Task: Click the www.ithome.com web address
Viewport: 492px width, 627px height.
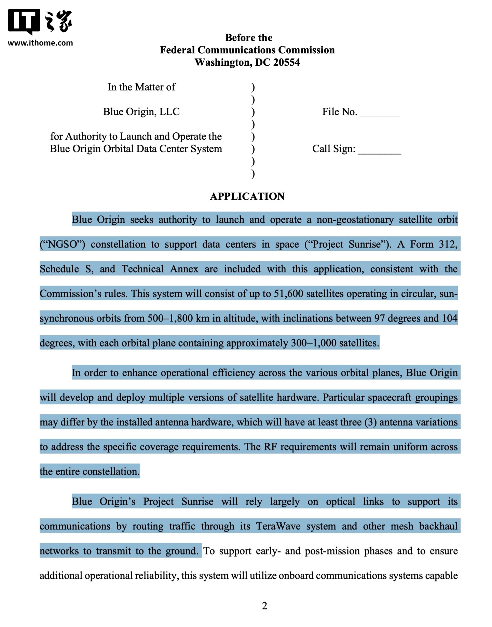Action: pos(40,43)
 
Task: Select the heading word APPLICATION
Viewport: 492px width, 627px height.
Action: pos(247,196)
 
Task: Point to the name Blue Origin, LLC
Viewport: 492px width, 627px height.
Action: pos(141,112)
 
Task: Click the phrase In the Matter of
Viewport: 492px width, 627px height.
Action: pos(141,87)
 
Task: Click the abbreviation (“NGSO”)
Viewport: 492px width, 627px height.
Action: pos(62,245)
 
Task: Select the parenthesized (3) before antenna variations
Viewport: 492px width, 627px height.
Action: pos(370,422)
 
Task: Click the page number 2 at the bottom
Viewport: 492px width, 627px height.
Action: pos(264,606)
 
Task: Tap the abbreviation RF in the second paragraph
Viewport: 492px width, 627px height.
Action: pos(270,447)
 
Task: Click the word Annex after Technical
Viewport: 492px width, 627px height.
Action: pos(184,269)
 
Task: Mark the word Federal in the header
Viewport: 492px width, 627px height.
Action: pos(177,50)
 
